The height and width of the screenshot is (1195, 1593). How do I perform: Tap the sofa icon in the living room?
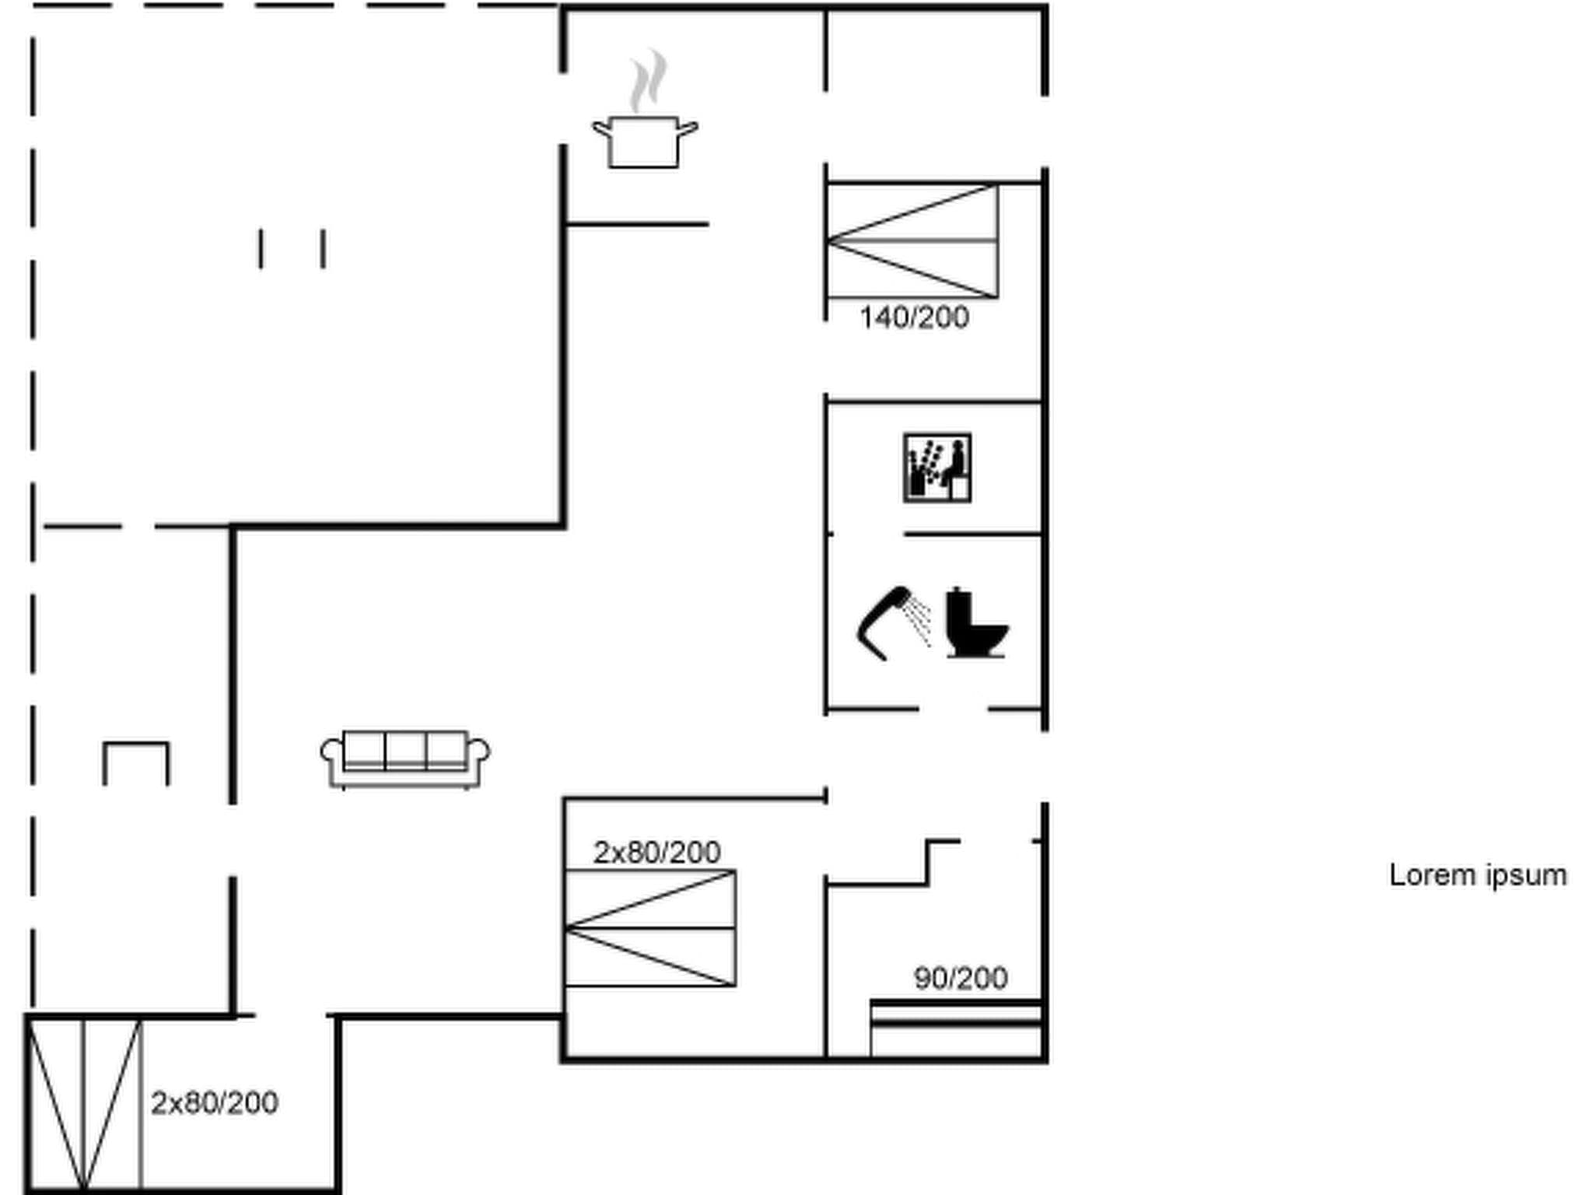point(405,759)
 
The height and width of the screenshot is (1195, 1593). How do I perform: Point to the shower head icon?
point(891,622)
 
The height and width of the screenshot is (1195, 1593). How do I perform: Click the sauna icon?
point(937,468)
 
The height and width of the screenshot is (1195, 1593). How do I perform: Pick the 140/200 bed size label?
point(914,317)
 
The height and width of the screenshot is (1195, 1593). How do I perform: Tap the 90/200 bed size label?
point(961,978)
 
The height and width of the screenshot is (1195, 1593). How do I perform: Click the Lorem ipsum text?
point(1477,875)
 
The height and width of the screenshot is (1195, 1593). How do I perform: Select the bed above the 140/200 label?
point(912,241)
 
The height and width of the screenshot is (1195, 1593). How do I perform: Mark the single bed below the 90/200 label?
point(955,1029)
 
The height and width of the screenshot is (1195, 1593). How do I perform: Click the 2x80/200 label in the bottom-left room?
point(214,1103)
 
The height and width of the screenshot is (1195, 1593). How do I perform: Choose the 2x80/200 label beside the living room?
point(656,853)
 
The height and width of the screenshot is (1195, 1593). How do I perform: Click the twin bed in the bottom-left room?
point(84,1105)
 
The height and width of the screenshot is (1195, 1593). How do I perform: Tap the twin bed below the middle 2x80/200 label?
point(650,928)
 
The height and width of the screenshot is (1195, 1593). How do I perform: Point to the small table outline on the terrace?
point(135,762)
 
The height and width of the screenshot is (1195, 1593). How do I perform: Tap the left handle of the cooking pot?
point(601,127)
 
